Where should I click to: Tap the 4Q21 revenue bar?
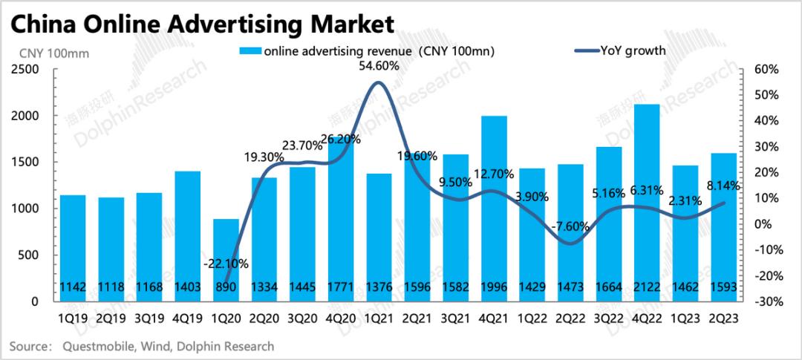(493, 208)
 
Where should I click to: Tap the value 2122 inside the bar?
(646, 287)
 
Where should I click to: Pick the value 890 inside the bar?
(226, 287)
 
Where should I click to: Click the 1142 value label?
(74, 287)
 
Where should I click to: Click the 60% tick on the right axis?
(765, 70)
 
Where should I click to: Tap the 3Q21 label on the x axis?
(455, 318)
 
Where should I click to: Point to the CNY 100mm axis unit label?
(45, 52)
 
